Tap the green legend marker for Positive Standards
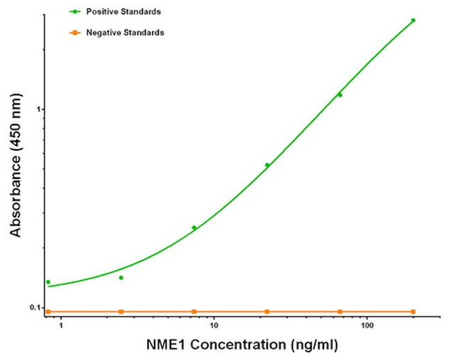(73, 12)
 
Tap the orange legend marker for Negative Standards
(73, 33)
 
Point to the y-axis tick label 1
(40, 109)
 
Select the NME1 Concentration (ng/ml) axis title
(241, 346)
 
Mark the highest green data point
(413, 21)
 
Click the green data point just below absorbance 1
(340, 95)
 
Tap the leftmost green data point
(48, 282)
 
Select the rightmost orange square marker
(413, 312)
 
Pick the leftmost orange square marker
(48, 312)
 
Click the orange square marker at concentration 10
(194, 312)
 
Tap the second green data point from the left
(121, 277)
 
